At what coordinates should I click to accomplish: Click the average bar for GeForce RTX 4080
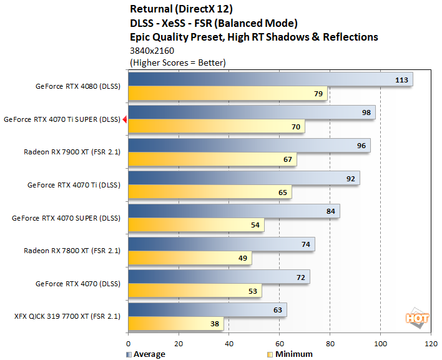(268, 79)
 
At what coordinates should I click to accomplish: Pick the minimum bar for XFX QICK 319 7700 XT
(175, 324)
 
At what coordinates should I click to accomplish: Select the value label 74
(306, 244)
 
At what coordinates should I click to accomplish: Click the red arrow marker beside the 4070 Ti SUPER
(125, 119)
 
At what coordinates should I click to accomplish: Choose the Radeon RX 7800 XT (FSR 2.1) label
(71, 251)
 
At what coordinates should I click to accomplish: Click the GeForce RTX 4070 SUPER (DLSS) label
(66, 217)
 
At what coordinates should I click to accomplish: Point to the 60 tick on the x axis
(279, 343)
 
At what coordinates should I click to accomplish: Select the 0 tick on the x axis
(128, 343)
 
